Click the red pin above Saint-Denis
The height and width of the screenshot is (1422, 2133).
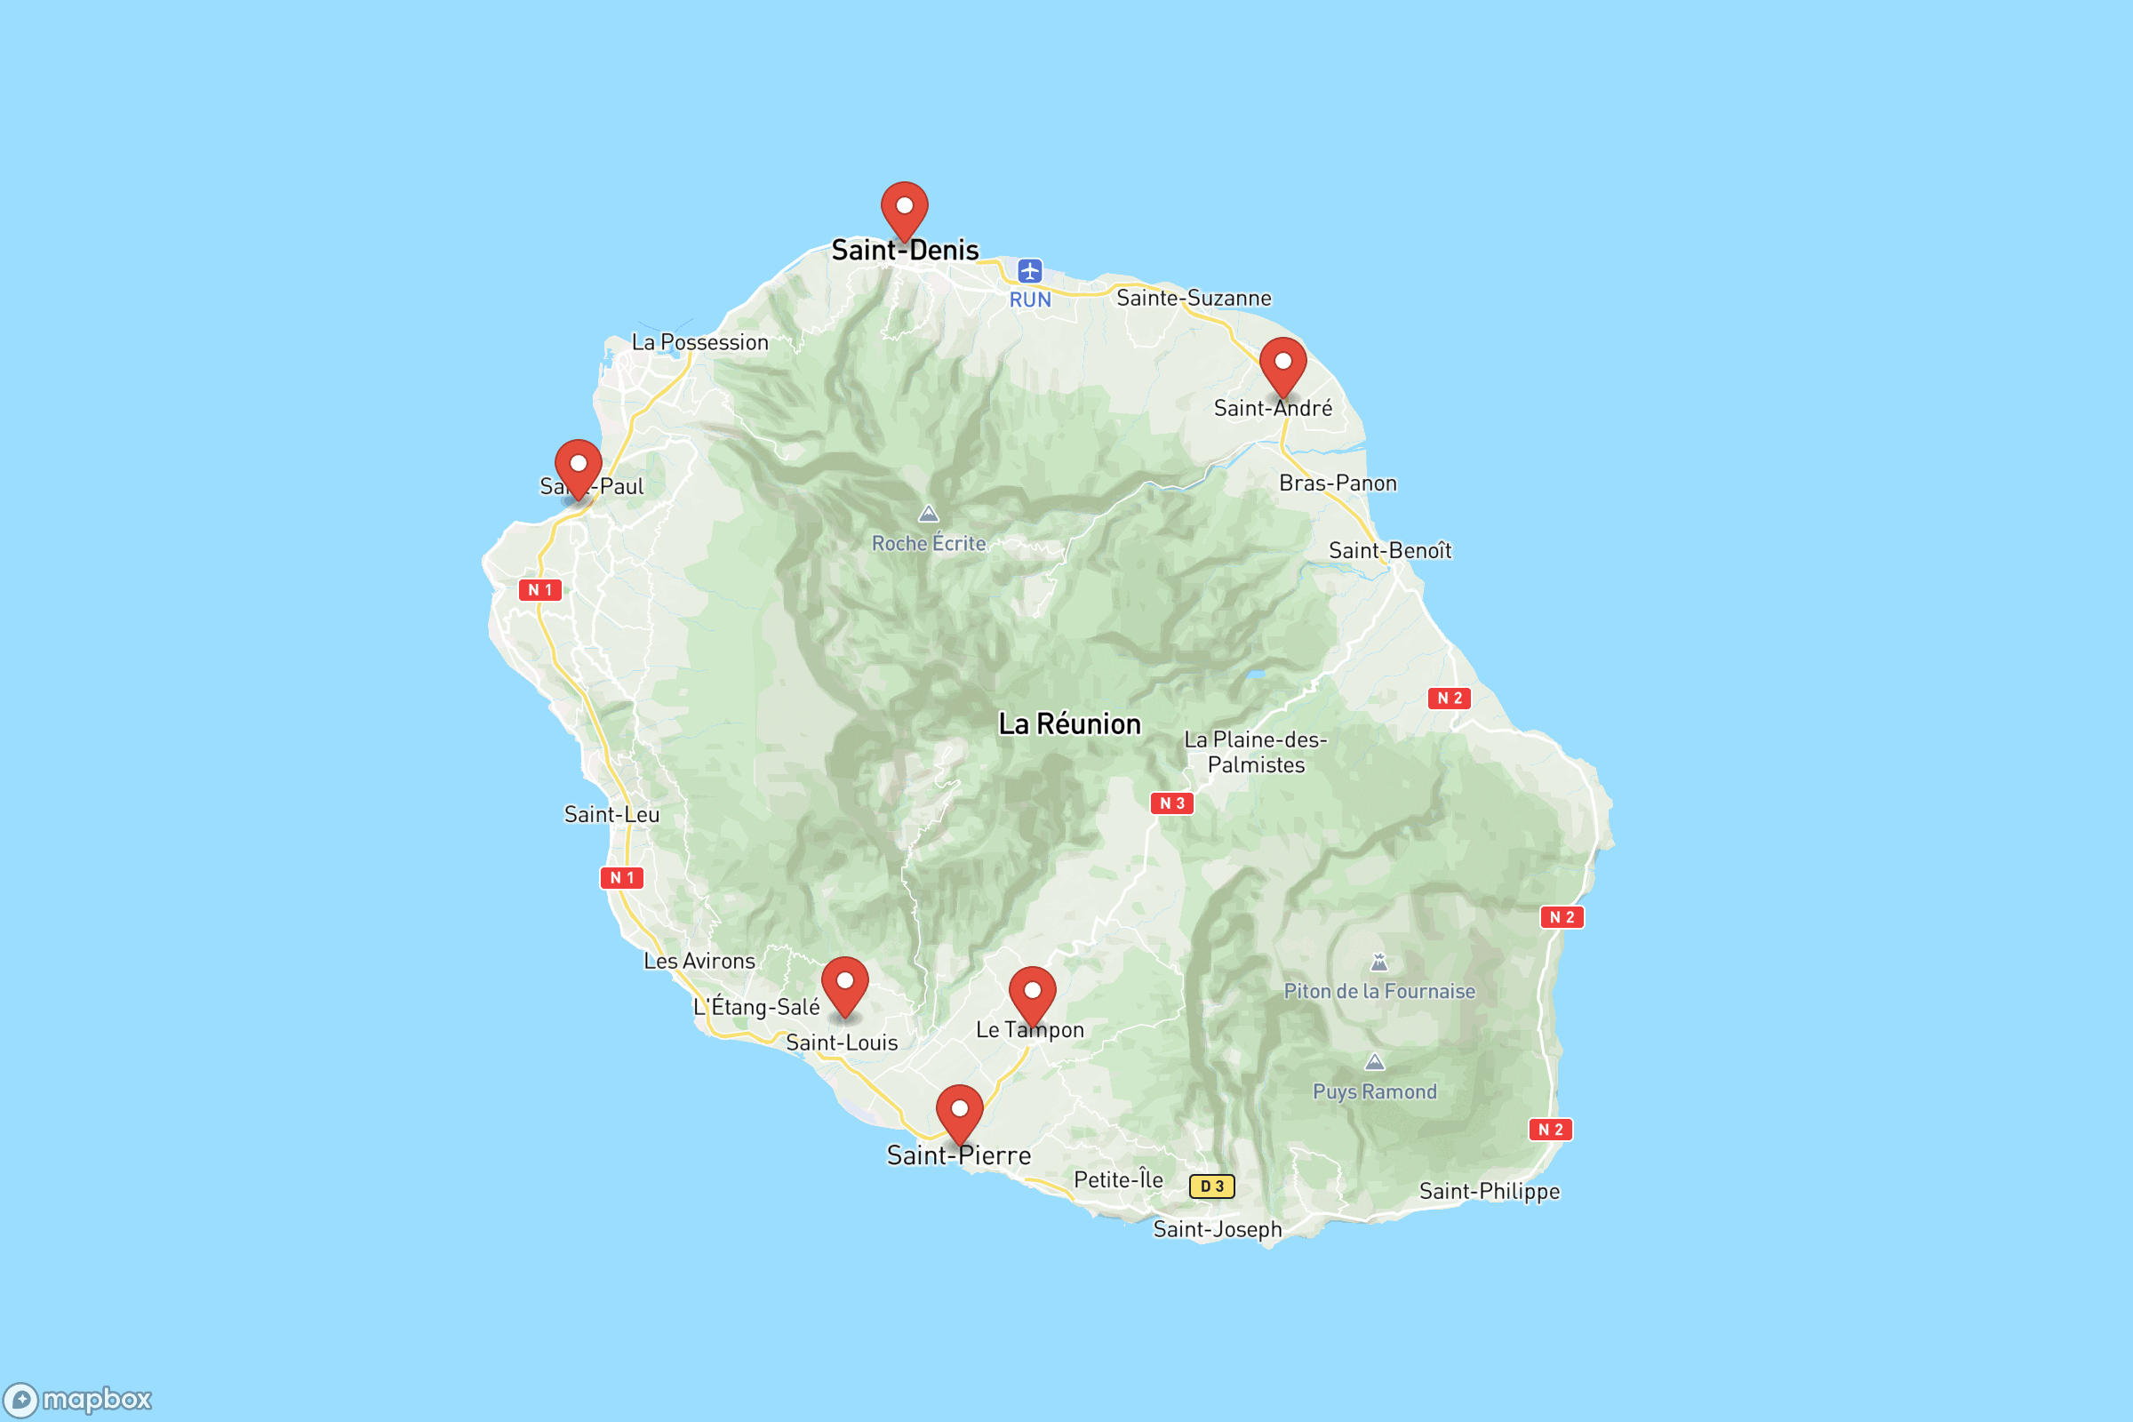click(x=904, y=209)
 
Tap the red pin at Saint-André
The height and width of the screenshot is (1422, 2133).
click(x=1282, y=364)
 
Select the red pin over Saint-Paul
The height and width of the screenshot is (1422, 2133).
click(x=578, y=466)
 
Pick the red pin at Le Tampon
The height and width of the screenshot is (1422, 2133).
click(x=1032, y=994)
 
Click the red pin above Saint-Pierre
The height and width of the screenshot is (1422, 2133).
click(x=959, y=1112)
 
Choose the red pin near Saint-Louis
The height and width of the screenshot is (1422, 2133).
click(x=844, y=984)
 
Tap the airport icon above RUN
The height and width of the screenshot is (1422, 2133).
click(x=1029, y=271)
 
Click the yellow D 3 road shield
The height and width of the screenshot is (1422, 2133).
click(x=1211, y=1186)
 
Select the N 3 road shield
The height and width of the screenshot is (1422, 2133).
click(x=1171, y=803)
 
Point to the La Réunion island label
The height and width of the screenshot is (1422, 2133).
click(x=1069, y=724)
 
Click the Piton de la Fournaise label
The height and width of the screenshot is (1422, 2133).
click(x=1378, y=991)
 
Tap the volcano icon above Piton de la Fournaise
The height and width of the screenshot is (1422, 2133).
click(x=1378, y=963)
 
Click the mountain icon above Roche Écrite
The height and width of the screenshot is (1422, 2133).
click(x=928, y=515)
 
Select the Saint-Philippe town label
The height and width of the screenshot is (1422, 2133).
click(x=1490, y=1192)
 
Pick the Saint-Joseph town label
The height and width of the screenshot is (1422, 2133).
click(x=1217, y=1230)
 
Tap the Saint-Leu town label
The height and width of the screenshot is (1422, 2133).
click(x=611, y=814)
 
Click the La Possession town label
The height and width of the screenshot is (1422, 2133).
click(x=699, y=343)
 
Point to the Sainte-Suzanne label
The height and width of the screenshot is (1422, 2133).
click(x=1194, y=299)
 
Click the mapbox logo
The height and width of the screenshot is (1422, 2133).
click(x=78, y=1399)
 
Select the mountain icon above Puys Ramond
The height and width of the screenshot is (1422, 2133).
click(x=1375, y=1062)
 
